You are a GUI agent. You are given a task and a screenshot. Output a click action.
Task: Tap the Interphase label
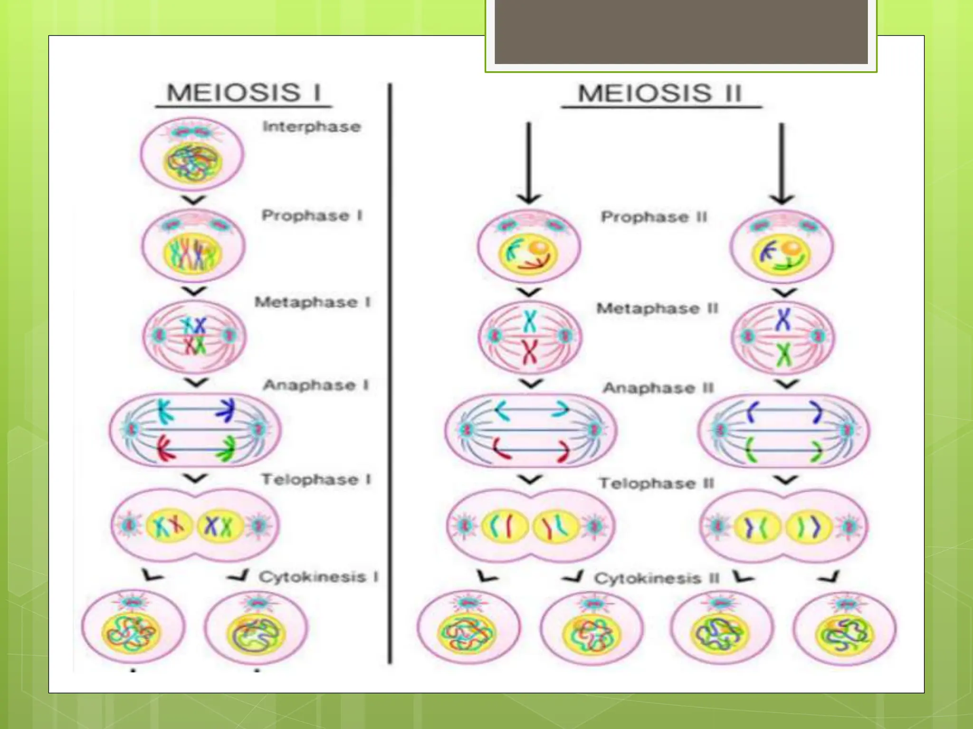click(312, 127)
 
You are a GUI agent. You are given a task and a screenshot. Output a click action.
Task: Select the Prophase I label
click(312, 215)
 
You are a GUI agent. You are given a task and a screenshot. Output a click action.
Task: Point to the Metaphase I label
click(312, 302)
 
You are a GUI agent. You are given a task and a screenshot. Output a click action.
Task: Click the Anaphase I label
click(316, 385)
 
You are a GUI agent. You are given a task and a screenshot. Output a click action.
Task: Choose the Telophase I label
click(316, 479)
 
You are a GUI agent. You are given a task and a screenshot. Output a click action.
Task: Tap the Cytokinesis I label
click(318, 577)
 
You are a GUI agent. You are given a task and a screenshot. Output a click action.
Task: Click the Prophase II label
click(654, 217)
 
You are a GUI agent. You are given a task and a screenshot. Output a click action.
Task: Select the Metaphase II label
click(657, 308)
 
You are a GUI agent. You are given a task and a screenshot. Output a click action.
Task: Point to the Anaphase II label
click(658, 388)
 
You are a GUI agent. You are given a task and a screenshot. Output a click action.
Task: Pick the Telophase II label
click(656, 484)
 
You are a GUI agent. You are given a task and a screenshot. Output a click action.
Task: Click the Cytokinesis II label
click(657, 579)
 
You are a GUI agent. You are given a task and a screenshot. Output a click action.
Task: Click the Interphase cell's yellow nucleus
click(192, 162)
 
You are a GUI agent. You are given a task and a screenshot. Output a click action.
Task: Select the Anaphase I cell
click(195, 430)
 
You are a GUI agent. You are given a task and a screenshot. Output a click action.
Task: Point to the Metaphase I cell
click(194, 336)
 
